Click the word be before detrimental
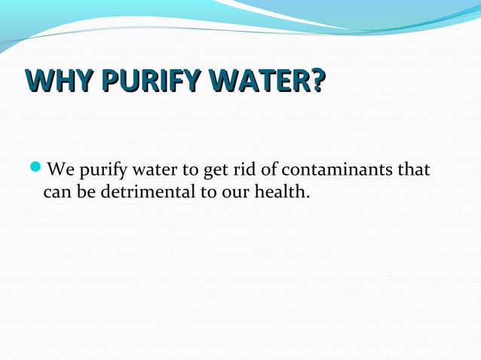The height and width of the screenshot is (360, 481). click(87, 191)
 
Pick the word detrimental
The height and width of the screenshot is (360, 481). click(148, 191)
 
